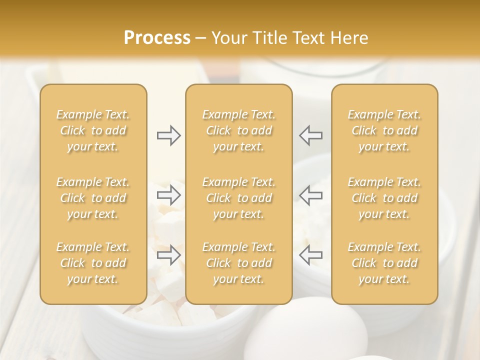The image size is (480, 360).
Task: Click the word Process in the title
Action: (157, 38)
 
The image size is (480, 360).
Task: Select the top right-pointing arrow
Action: (169, 135)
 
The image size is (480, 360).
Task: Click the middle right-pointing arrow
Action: (169, 195)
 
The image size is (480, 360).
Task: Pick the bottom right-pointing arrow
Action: (169, 255)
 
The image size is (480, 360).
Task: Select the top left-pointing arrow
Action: (310, 135)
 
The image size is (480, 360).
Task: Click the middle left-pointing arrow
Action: (310, 195)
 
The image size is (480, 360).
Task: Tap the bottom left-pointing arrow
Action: (310, 255)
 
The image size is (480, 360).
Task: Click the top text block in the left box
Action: (93, 130)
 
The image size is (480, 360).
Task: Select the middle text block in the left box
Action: (93, 198)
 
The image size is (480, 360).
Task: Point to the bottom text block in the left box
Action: (93, 263)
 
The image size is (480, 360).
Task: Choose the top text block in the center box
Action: (238, 130)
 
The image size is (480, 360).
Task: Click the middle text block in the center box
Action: (238, 198)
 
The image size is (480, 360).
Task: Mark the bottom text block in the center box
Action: (238, 263)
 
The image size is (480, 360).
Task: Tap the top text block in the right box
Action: (384, 130)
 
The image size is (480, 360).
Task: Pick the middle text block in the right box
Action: (384, 198)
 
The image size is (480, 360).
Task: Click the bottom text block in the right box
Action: (384, 263)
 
